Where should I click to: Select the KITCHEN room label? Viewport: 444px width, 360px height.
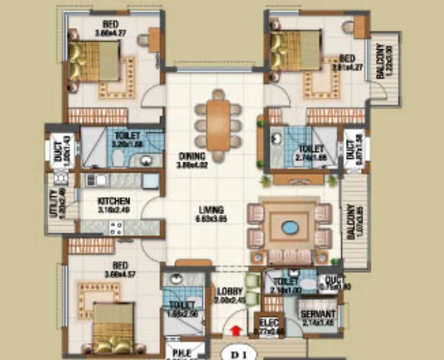point(114,201)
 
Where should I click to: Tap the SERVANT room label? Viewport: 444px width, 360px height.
point(317,314)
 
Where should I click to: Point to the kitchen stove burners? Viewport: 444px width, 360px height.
point(116,226)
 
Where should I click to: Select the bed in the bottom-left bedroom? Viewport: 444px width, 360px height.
point(113,328)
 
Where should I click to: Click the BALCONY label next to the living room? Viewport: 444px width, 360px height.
point(350,223)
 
